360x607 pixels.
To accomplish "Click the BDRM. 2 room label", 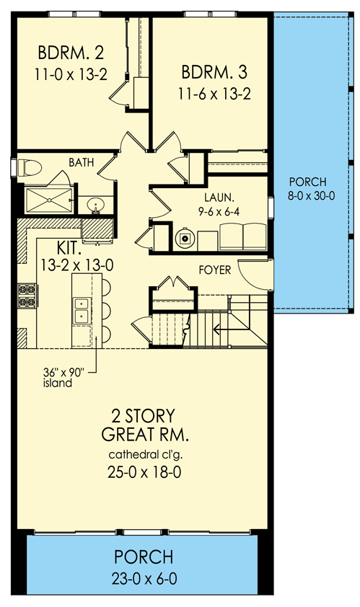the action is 71,53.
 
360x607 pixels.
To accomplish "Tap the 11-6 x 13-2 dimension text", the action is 214,94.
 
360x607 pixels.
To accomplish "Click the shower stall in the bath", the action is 49,200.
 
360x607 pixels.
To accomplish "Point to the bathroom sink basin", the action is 95,205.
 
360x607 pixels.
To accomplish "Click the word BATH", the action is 82,162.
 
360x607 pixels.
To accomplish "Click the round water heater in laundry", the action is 185,239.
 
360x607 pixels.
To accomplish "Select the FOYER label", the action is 215,270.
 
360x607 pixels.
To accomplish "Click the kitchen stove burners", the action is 28,296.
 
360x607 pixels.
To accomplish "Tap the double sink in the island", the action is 82,310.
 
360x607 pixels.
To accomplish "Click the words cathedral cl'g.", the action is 145,454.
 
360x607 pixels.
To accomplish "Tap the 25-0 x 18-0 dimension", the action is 144,473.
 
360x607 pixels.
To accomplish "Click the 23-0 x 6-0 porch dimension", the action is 144,579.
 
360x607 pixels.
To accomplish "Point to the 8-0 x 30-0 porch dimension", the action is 311,195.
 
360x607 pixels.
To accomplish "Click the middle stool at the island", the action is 106,310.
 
